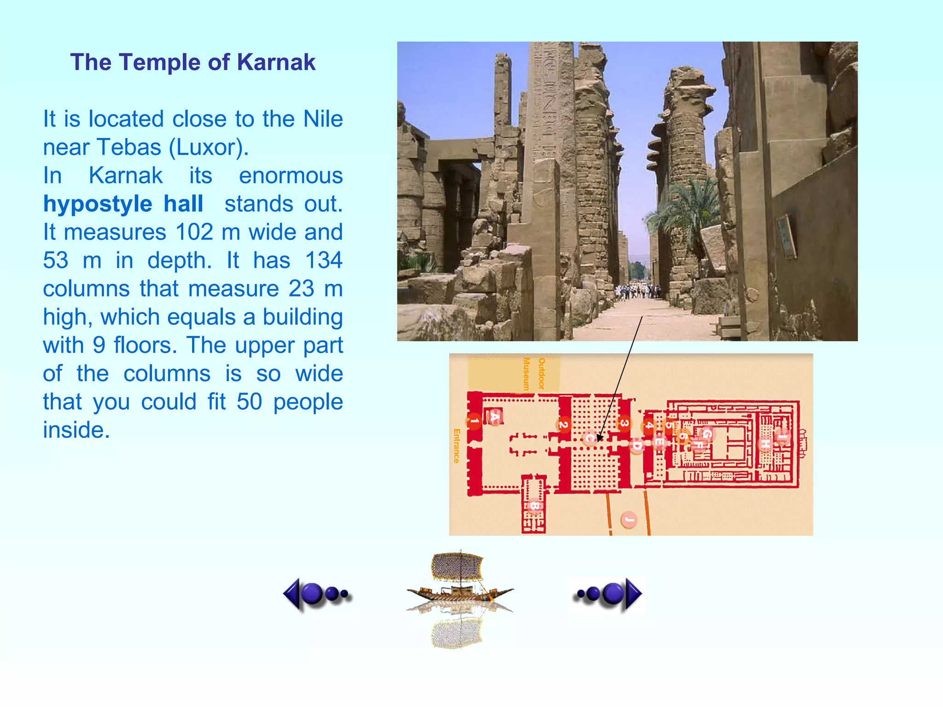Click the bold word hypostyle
click(x=98, y=204)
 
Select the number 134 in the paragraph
click(x=324, y=261)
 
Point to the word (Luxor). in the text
click(x=209, y=147)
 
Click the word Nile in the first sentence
click(x=323, y=119)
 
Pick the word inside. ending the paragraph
click(x=76, y=430)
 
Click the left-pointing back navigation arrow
click(x=317, y=594)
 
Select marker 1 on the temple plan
click(x=474, y=421)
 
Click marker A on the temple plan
click(x=495, y=417)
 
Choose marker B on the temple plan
click(x=535, y=506)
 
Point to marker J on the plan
click(x=629, y=520)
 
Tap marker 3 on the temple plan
click(x=624, y=423)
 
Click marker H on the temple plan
click(x=765, y=444)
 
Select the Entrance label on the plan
click(x=456, y=446)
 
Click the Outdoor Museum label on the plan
click(x=534, y=373)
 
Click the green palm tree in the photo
click(x=681, y=212)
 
